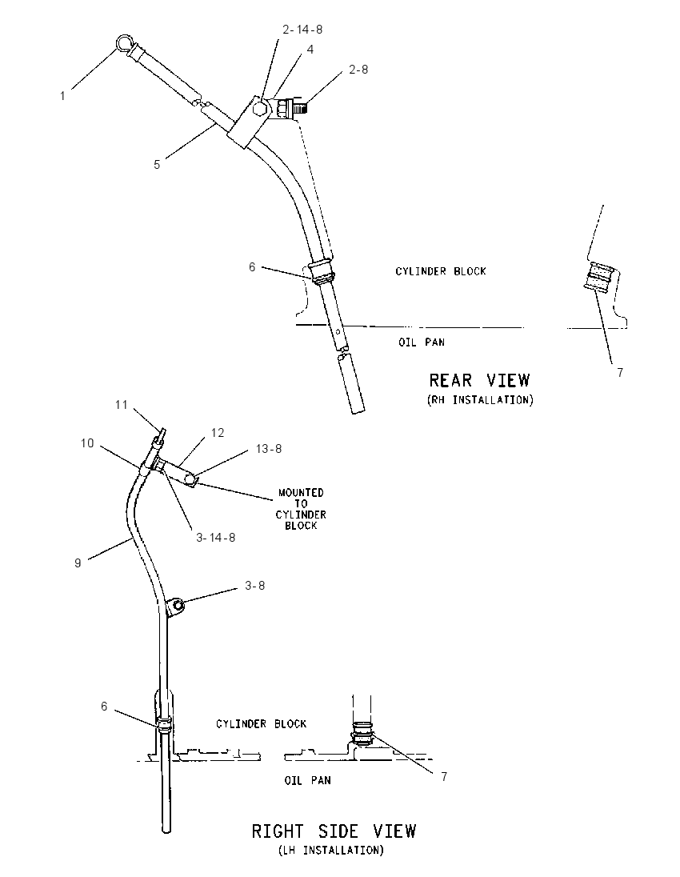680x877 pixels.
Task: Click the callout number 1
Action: pyautogui.click(x=62, y=96)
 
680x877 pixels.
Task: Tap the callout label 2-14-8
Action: pyautogui.click(x=302, y=30)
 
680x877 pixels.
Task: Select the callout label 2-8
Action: pyautogui.click(x=358, y=70)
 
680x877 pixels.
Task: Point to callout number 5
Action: pyautogui.click(x=157, y=165)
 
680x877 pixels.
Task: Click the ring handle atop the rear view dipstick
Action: pyautogui.click(x=123, y=43)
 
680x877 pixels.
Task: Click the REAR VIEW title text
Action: pyautogui.click(x=479, y=380)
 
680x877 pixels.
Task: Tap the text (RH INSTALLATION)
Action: pyautogui.click(x=480, y=400)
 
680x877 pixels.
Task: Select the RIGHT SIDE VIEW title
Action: pyautogui.click(x=334, y=831)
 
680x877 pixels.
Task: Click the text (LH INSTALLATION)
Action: pyautogui.click(x=332, y=851)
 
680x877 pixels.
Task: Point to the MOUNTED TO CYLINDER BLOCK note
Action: pyautogui.click(x=301, y=509)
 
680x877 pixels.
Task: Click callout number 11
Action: pyautogui.click(x=122, y=404)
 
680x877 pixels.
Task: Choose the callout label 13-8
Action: pyautogui.click(x=269, y=449)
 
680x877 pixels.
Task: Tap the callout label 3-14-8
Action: pyautogui.click(x=216, y=538)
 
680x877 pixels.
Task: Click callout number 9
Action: pyautogui.click(x=78, y=563)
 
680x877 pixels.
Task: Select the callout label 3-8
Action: pyautogui.click(x=255, y=586)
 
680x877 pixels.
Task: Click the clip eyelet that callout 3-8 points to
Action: pyautogui.click(x=176, y=605)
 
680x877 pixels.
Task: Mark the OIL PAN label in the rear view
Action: pyautogui.click(x=422, y=342)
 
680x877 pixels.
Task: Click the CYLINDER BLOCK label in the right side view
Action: pyautogui.click(x=261, y=723)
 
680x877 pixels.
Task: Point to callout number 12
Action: pyautogui.click(x=218, y=433)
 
